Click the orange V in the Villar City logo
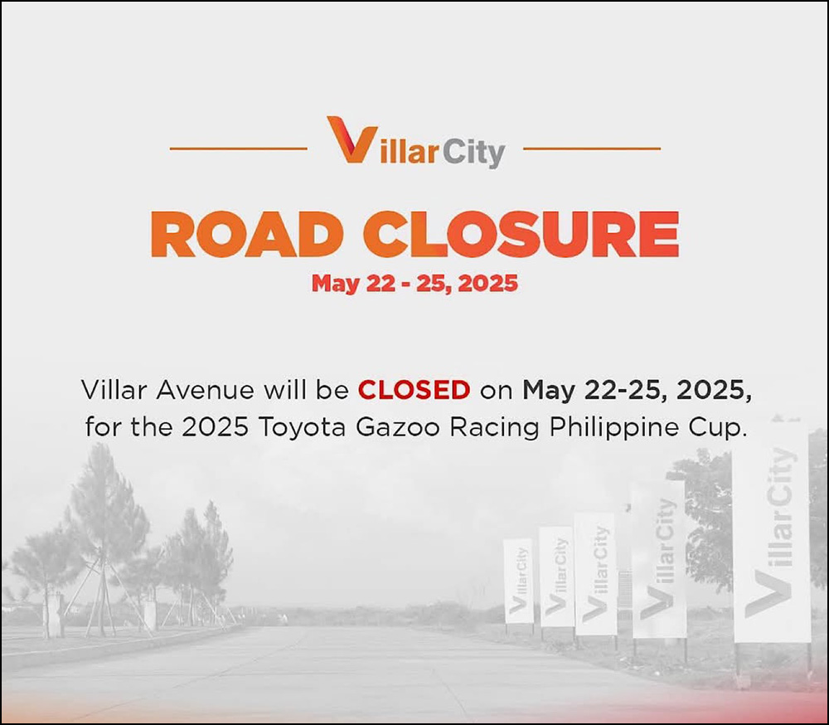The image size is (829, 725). pos(351,139)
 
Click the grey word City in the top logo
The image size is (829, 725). pos(473,153)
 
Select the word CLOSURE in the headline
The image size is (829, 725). pos(521,234)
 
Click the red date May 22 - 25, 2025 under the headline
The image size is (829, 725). pos(415,284)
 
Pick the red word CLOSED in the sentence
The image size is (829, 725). pos(414,390)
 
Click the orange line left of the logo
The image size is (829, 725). pos(239,148)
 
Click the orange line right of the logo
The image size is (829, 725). pos(592,148)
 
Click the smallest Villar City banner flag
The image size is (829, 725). pos(518,581)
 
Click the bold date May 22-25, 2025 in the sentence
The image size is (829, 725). pos(637,391)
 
